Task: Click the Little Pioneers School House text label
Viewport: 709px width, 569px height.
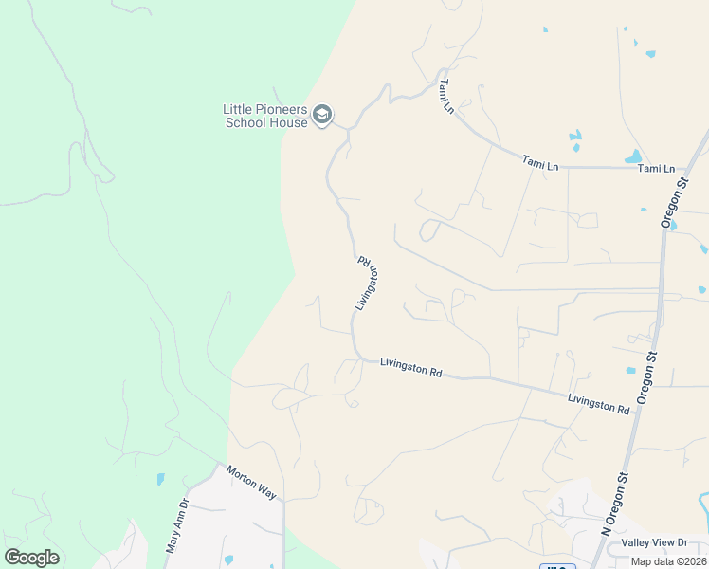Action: pyautogui.click(x=266, y=116)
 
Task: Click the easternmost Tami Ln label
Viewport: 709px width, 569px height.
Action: pyautogui.click(x=656, y=169)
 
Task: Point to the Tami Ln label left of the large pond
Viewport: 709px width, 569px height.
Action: pyautogui.click(x=540, y=165)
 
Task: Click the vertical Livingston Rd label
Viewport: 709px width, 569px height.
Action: pyautogui.click(x=367, y=282)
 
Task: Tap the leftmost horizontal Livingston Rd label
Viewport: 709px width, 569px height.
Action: pyautogui.click(x=410, y=367)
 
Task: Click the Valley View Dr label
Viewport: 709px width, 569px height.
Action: pyautogui.click(x=654, y=542)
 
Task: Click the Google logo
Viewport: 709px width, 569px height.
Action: pyautogui.click(x=31, y=558)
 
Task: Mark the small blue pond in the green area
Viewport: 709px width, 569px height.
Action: pyautogui.click(x=160, y=480)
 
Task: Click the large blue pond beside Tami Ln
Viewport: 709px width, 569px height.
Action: pyautogui.click(x=632, y=156)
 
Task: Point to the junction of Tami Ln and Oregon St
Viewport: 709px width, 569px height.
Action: pyautogui.click(x=685, y=169)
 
